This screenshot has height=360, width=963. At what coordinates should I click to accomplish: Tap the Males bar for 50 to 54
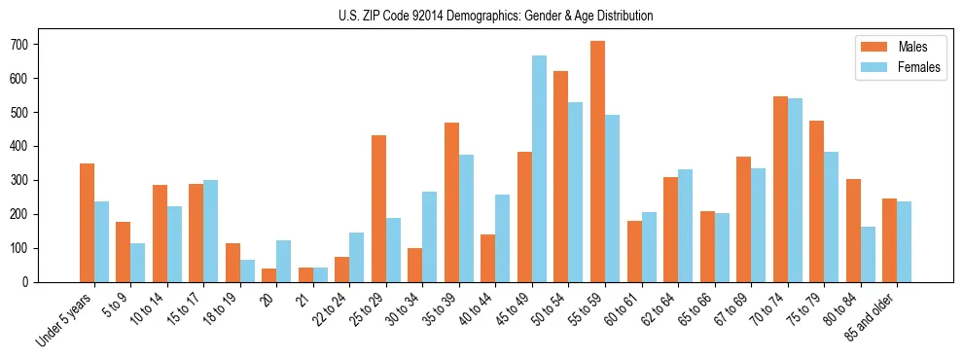[x=561, y=176]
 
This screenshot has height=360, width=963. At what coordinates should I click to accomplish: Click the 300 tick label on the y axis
[x=29, y=180]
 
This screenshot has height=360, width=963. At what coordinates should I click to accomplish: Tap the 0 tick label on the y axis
[x=35, y=282]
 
